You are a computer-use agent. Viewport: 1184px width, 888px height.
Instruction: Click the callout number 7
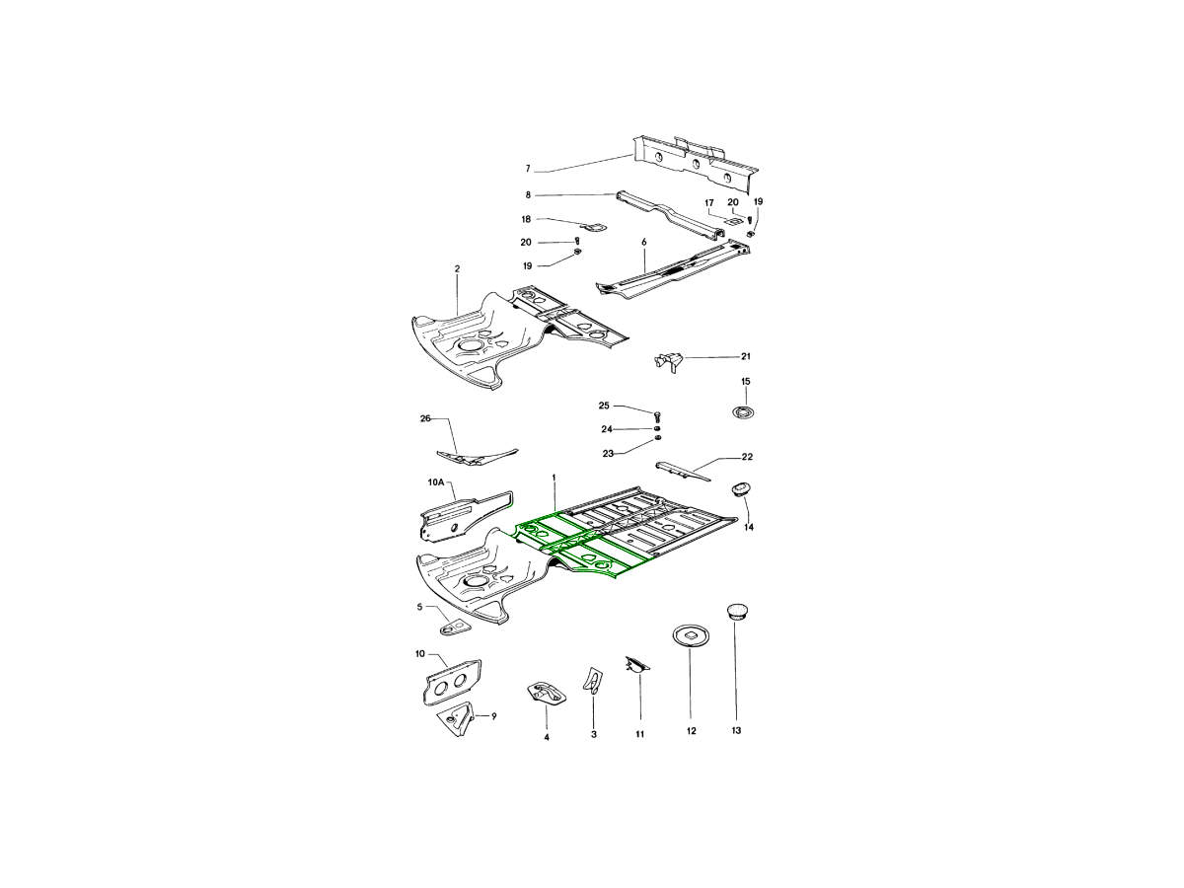point(528,169)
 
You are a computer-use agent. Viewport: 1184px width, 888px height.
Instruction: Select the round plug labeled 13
point(735,613)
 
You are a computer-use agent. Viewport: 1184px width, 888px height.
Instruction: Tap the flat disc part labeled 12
point(691,635)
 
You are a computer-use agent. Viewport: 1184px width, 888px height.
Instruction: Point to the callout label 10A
point(436,482)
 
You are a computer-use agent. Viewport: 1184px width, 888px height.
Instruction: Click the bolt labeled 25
point(657,416)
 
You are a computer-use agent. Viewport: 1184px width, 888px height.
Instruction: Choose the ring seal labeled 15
point(743,412)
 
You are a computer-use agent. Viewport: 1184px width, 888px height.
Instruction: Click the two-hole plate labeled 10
point(453,682)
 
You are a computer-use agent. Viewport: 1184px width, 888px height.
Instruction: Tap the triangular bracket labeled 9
point(457,718)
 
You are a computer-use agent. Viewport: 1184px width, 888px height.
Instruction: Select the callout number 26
point(425,418)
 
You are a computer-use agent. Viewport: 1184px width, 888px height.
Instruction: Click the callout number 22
point(747,457)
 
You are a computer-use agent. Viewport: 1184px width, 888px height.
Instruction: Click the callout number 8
point(528,194)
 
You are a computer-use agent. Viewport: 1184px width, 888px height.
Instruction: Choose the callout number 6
point(643,242)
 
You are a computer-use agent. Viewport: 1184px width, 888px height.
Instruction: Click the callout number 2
point(457,268)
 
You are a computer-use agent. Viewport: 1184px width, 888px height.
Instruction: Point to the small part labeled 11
point(637,665)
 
